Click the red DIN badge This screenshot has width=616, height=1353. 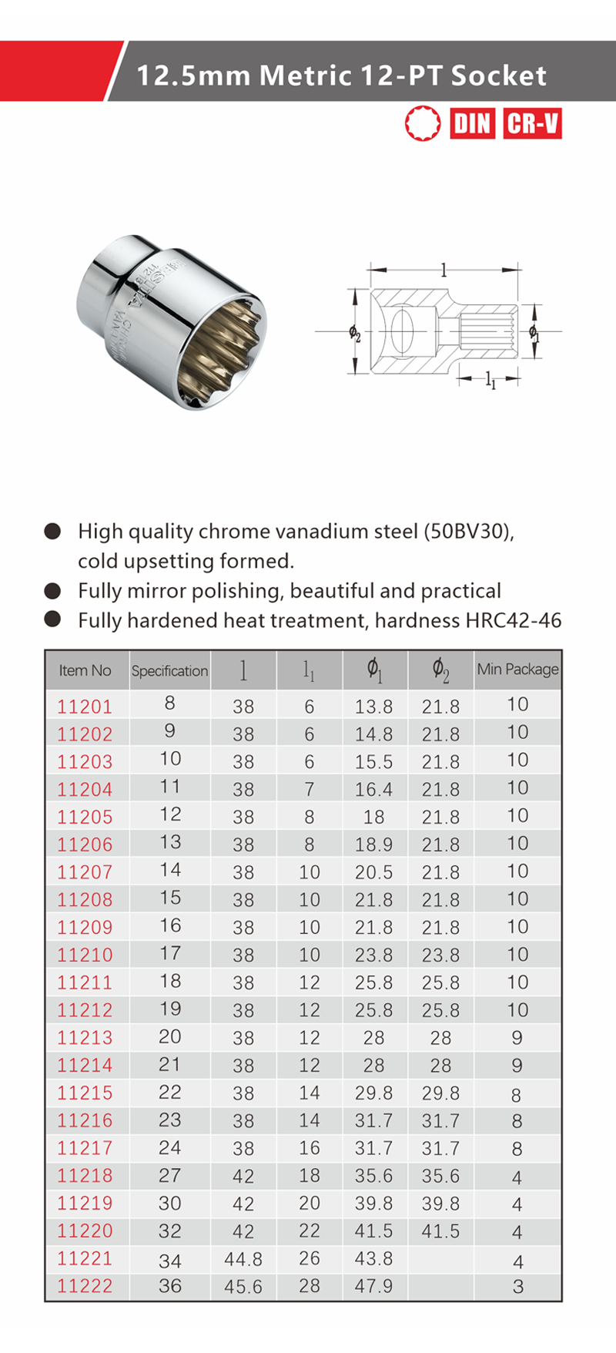point(472,123)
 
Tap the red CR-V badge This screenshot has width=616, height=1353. point(533,123)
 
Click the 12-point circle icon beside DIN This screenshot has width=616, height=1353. point(423,123)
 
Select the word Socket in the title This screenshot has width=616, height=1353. point(498,76)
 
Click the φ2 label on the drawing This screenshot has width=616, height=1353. point(354,333)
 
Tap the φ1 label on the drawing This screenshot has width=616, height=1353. point(534,332)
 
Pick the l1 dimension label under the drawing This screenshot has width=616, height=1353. point(490,380)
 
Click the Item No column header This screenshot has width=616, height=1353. point(85,670)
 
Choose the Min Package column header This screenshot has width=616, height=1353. point(517,669)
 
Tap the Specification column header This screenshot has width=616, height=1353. point(169,671)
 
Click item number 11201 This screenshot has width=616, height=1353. point(85,707)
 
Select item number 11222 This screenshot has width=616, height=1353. point(85,1286)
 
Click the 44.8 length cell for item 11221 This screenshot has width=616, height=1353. point(243,1259)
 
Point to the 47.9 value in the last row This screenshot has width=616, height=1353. point(373,1287)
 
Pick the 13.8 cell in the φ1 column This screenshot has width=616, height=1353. point(373,707)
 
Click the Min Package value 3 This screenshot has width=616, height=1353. point(517,1287)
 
